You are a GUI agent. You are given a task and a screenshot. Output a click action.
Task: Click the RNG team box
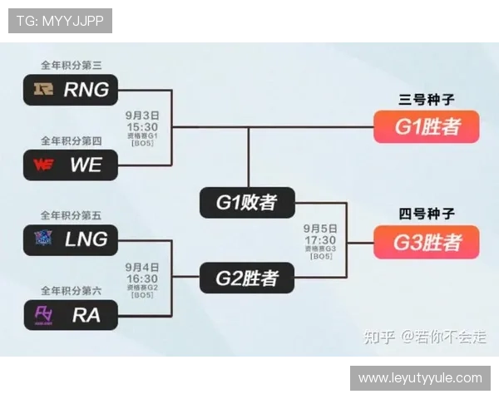tap(71, 89)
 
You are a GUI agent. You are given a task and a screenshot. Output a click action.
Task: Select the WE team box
tap(71, 164)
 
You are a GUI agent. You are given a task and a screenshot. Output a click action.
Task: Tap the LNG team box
tap(71, 239)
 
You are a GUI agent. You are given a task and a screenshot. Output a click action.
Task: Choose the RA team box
tap(71, 314)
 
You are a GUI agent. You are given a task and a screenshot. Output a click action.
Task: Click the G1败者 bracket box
tap(247, 202)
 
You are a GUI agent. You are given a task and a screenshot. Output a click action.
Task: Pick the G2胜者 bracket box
tap(247, 278)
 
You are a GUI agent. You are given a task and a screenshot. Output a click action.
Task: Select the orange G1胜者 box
tap(427, 127)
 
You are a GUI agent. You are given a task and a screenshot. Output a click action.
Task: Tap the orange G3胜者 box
tap(427, 242)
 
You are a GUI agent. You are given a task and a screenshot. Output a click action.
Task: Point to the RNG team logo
tap(42, 89)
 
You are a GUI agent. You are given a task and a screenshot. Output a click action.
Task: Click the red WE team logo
tap(43, 164)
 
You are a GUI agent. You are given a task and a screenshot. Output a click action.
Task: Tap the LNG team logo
tap(42, 239)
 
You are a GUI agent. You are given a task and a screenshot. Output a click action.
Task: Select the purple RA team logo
tap(42, 314)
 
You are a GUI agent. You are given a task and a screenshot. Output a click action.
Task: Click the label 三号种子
tap(427, 100)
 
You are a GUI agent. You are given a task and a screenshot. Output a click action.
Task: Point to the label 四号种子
tap(427, 214)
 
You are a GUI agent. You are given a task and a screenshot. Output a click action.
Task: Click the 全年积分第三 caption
tap(71, 65)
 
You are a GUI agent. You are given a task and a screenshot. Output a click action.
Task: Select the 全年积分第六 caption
tap(71, 290)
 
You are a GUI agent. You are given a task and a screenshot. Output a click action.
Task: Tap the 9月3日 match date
tap(142, 115)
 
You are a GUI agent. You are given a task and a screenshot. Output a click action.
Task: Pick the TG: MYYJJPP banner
tap(60, 21)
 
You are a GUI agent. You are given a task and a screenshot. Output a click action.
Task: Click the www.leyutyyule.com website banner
tap(420, 378)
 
